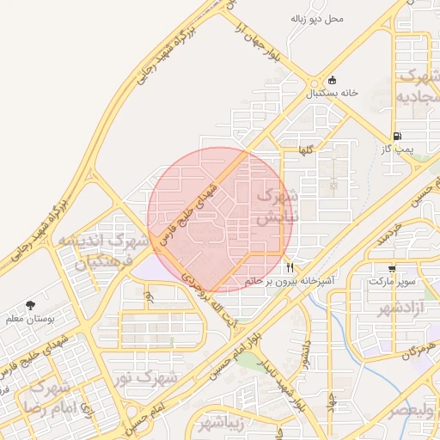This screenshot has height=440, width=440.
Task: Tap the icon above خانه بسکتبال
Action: click(332, 80)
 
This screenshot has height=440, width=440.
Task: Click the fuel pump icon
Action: click(396, 137)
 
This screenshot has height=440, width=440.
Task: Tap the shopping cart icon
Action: click(392, 269)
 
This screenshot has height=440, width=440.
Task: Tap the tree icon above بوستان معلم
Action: click(31, 305)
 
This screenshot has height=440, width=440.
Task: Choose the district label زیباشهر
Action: click(222, 423)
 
